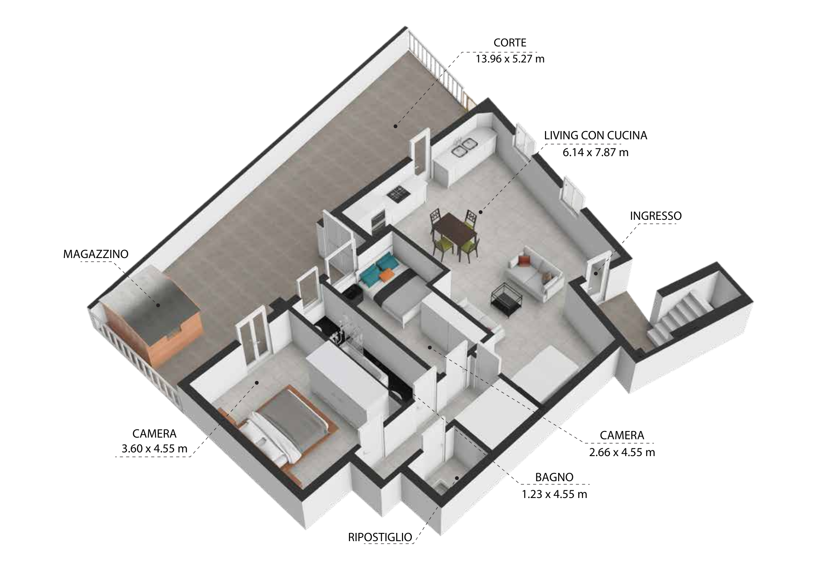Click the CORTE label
click(510, 42)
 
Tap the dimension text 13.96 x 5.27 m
click(510, 59)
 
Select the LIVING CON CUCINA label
click(596, 135)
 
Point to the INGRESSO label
click(656, 216)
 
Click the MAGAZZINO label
click(96, 254)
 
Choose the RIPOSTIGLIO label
click(380, 537)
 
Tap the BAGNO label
click(554, 477)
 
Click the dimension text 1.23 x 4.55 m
click(554, 494)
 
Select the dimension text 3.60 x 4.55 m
click(155, 448)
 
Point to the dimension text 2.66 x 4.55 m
click(622, 452)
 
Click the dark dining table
click(455, 228)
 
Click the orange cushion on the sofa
click(524, 260)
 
